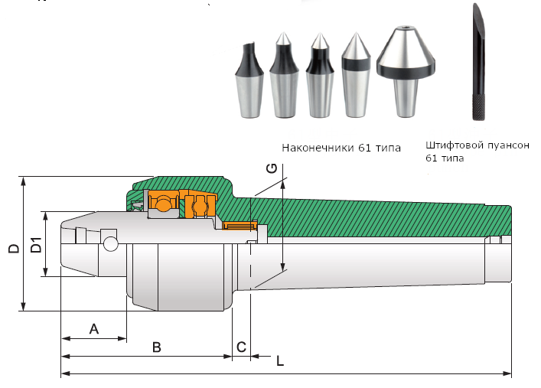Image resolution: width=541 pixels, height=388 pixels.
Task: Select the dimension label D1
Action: pyautogui.click(x=34, y=246)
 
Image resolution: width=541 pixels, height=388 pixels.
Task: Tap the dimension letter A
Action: pyautogui.click(x=94, y=329)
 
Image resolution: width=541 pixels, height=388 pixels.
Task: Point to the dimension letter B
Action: pyautogui.click(x=156, y=347)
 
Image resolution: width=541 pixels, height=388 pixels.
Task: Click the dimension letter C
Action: pyautogui.click(x=241, y=347)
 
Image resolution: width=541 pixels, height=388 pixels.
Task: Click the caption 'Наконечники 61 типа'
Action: pyautogui.click(x=341, y=148)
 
